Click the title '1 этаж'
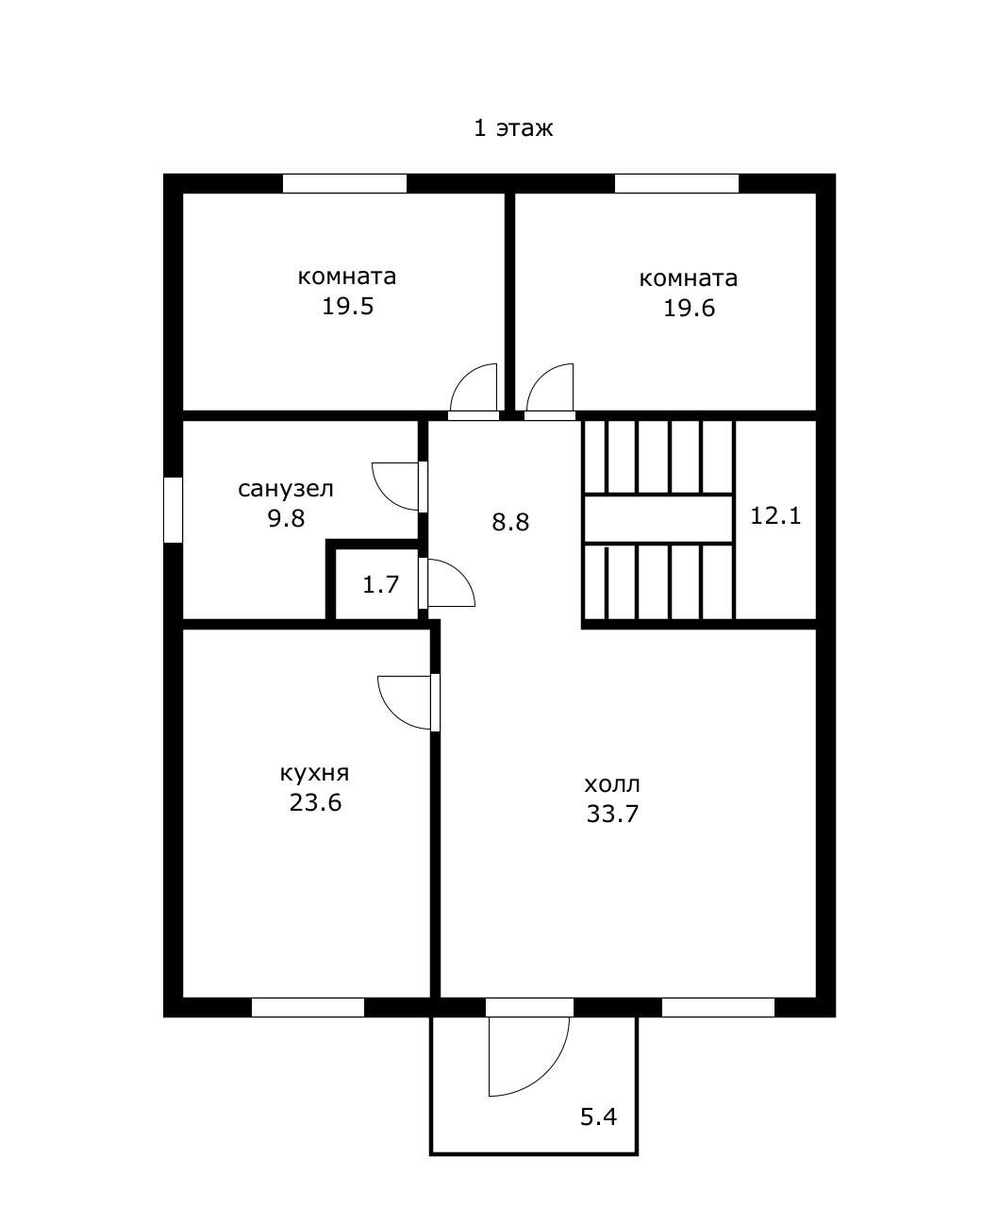click(512, 128)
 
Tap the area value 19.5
click(348, 307)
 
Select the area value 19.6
click(689, 308)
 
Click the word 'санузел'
click(286, 489)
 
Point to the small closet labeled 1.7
click(380, 584)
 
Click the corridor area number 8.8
click(510, 522)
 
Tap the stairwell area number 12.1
click(775, 516)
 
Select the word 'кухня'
click(315, 773)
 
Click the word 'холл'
click(612, 784)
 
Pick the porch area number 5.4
click(598, 1117)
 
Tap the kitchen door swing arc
click(406, 702)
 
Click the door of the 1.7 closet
click(450, 583)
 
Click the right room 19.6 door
click(550, 389)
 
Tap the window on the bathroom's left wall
click(173, 510)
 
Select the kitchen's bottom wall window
click(308, 1007)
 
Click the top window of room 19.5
click(344, 183)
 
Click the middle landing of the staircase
click(658, 519)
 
